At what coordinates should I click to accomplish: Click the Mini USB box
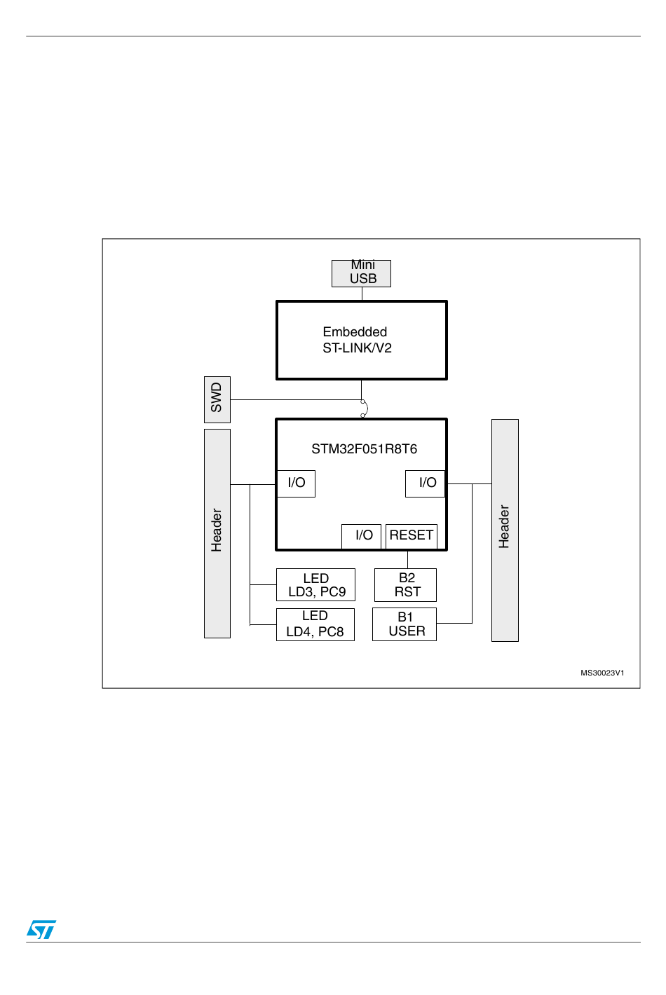pos(361,273)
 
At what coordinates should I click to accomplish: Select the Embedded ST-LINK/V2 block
pos(361,341)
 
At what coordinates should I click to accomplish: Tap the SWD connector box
pos(217,399)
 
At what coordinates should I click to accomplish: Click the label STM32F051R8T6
pos(364,449)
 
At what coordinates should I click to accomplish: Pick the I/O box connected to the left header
pos(296,483)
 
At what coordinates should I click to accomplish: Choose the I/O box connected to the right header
pos(426,483)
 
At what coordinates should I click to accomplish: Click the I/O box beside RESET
pos(362,536)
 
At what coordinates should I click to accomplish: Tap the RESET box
pos(412,536)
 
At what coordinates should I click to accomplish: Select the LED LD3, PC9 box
pos(316,585)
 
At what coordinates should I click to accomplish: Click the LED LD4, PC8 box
pos(315,624)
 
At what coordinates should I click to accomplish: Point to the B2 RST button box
pos(406,585)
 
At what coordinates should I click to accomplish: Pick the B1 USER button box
pos(405,624)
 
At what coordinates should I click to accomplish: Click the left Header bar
pos(217,533)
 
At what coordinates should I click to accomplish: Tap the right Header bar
pos(505,530)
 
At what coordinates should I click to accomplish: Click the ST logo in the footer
pos(41,929)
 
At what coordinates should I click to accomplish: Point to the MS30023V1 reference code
pos(602,673)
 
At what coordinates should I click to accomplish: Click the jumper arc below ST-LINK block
pos(364,409)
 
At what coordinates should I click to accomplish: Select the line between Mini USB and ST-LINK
pos(362,294)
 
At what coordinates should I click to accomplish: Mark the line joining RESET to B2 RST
pos(407,559)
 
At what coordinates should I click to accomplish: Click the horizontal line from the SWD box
pos(294,400)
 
